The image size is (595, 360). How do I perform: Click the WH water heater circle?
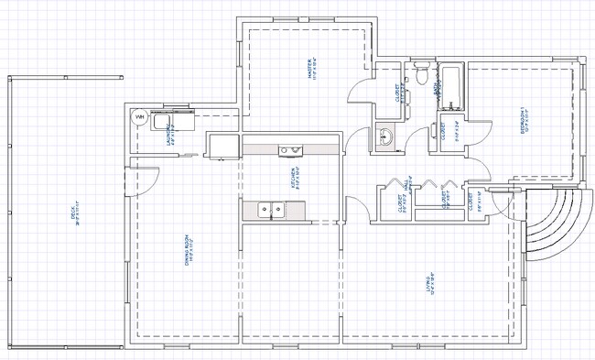pyautogui.click(x=140, y=118)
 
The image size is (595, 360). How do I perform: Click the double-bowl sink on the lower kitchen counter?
pyautogui.click(x=269, y=210)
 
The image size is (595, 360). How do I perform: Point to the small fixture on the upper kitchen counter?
pyautogui.click(x=291, y=149)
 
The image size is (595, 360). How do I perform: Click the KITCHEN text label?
pyautogui.click(x=294, y=177)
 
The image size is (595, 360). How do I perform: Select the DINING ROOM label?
pyautogui.click(x=188, y=253)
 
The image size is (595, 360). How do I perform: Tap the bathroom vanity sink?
pyautogui.click(x=385, y=137)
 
